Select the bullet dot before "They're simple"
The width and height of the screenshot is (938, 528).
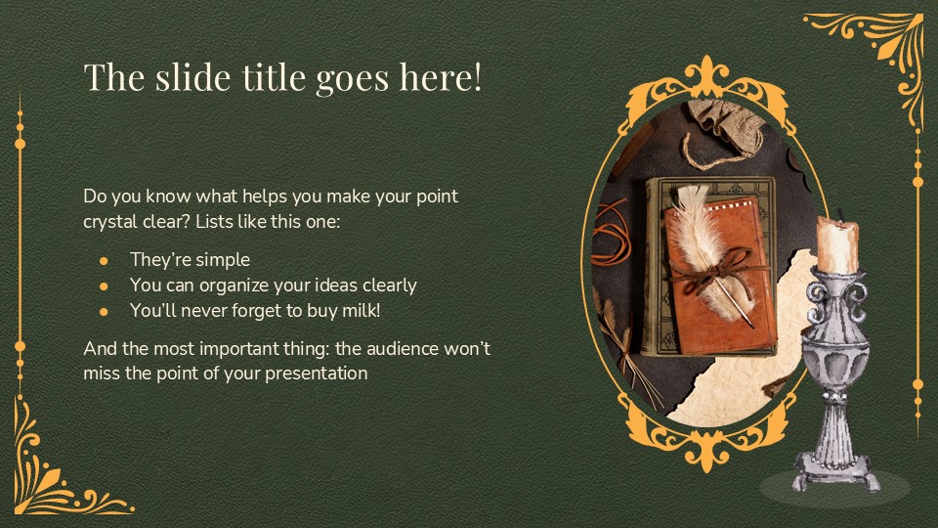(104, 261)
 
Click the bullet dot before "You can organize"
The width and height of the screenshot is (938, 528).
(104, 286)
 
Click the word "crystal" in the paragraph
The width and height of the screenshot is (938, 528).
(112, 222)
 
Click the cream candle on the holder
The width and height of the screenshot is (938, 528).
(838, 245)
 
